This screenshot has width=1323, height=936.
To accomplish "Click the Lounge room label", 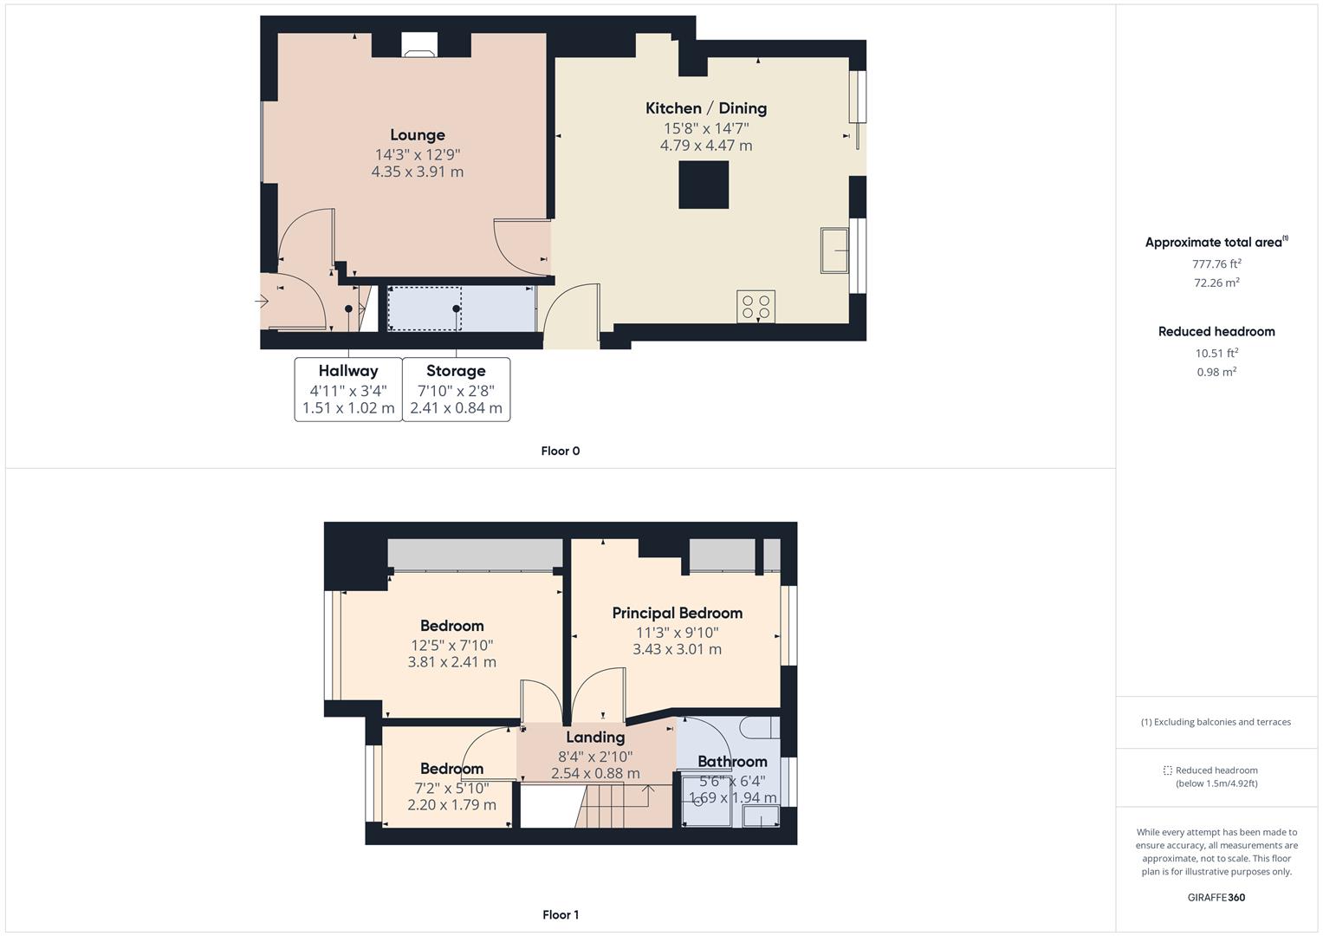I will click(417, 135).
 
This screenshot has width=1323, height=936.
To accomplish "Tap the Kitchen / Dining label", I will click(705, 108).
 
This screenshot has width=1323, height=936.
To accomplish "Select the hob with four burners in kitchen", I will click(756, 307).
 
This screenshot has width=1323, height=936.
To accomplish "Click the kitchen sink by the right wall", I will click(834, 250).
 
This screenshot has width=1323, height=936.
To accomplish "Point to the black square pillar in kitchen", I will click(703, 185).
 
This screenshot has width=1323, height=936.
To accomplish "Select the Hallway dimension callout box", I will click(348, 389).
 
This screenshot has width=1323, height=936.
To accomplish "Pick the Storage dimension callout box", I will click(456, 389).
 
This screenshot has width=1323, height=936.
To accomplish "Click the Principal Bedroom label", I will click(677, 613).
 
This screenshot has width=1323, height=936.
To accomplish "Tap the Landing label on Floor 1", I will click(595, 738).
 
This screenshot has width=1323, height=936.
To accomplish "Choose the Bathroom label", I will click(732, 762).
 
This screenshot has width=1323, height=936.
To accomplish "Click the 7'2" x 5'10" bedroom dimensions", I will click(451, 788).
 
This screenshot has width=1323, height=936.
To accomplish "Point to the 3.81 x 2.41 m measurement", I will click(451, 662).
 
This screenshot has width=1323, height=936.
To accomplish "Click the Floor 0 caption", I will click(560, 451).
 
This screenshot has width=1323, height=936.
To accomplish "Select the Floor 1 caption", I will click(560, 914).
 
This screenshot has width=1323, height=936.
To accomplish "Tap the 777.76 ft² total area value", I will click(1216, 263).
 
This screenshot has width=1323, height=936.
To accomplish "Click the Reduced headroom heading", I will click(1216, 331).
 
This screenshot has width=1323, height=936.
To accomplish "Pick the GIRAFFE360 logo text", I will click(1216, 897).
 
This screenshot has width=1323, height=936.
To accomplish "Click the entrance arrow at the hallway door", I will click(262, 302).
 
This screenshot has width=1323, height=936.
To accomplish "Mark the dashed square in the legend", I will click(1167, 770).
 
